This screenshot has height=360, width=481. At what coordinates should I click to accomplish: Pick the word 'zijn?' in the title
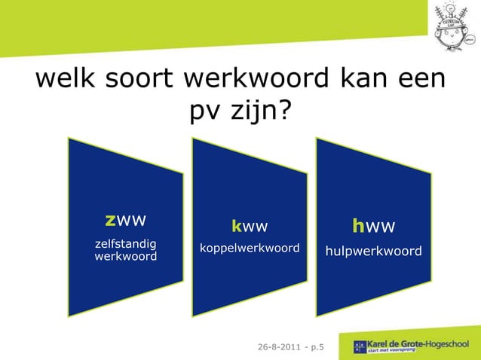(x=259, y=112)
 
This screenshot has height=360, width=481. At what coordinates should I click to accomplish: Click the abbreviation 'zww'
(x=125, y=220)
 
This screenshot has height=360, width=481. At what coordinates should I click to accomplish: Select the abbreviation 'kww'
(x=250, y=226)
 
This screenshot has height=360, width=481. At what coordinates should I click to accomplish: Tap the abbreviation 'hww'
(x=373, y=226)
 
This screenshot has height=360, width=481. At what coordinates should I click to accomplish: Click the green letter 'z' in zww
(x=110, y=220)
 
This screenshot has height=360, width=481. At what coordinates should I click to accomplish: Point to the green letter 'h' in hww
(x=358, y=226)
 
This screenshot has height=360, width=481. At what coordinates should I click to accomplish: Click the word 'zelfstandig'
(x=125, y=244)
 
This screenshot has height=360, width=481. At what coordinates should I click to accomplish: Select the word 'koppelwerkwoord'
(x=250, y=248)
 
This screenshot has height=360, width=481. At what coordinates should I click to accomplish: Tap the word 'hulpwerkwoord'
(x=373, y=251)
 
